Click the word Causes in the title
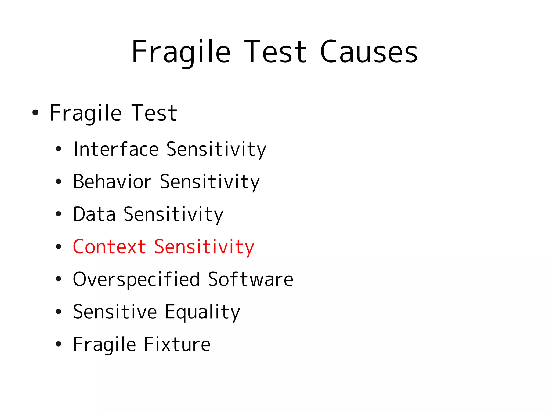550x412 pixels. pyautogui.click(x=368, y=52)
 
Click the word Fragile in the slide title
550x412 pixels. pyautogui.click(x=181, y=52)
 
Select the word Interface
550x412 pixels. pyautogui.click(x=116, y=149)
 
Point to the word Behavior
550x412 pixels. pyautogui.click(x=112, y=182)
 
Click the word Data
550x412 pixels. pyautogui.click(x=94, y=214)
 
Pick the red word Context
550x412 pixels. pyautogui.click(x=109, y=247)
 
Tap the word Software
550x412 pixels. pyautogui.click(x=251, y=279)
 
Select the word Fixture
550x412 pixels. pyautogui.click(x=177, y=344)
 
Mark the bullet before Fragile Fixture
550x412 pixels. pyautogui.click(x=58, y=344)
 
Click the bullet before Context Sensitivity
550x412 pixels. pyautogui.click(x=58, y=246)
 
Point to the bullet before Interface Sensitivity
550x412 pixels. pyautogui.click(x=58, y=149)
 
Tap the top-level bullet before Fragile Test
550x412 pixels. pyautogui.click(x=35, y=112)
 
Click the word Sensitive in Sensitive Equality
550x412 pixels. pyautogui.click(x=115, y=312)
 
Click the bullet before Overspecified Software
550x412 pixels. pyautogui.click(x=58, y=279)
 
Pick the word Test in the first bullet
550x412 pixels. pyautogui.click(x=154, y=113)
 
